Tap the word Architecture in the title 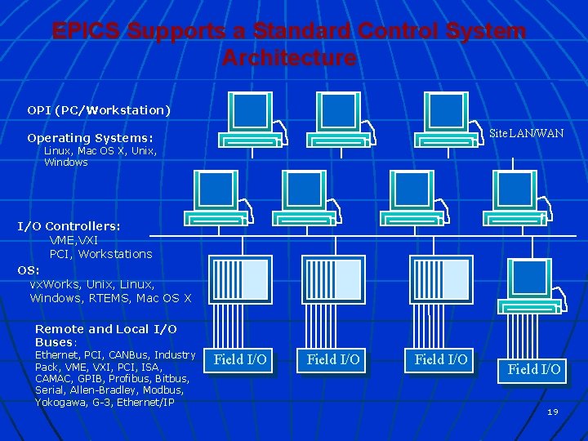(x=289, y=59)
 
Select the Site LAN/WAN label (x=526, y=133)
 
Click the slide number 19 (x=553, y=412)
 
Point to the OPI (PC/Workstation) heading (x=99, y=109)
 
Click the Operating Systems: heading (x=90, y=138)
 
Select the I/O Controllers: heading (x=69, y=225)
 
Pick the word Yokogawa (x=62, y=402)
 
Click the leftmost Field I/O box (x=240, y=359)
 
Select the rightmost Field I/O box (x=534, y=369)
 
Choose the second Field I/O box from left (x=333, y=359)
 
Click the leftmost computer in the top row (x=250, y=118)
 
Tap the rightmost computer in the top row (x=447, y=118)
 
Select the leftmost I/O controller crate (x=240, y=278)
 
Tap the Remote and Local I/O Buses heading (x=105, y=335)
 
